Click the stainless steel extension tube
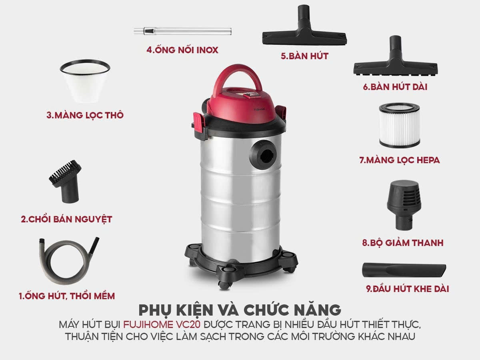click(182, 31)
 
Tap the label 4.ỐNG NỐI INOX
click(182, 50)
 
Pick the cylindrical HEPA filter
click(400, 125)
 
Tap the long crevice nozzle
click(404, 271)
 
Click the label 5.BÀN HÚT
click(305, 56)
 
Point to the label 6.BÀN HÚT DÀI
click(395, 87)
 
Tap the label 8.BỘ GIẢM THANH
click(402, 243)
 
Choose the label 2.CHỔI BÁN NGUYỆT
click(66, 219)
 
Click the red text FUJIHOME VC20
click(162, 324)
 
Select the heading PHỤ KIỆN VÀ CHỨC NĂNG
click(240, 310)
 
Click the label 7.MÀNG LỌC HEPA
click(400, 160)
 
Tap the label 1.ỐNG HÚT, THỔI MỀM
click(67, 296)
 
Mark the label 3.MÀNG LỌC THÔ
click(85, 115)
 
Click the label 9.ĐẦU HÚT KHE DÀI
click(407, 289)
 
